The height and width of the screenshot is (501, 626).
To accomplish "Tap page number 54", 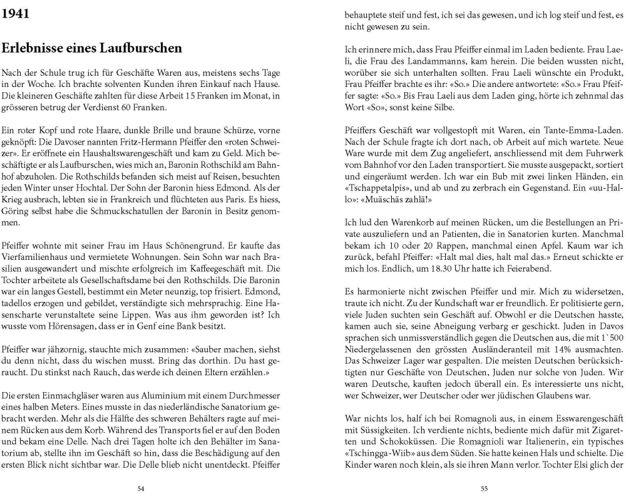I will [141, 489].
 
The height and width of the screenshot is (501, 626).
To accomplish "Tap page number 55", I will [484, 489].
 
